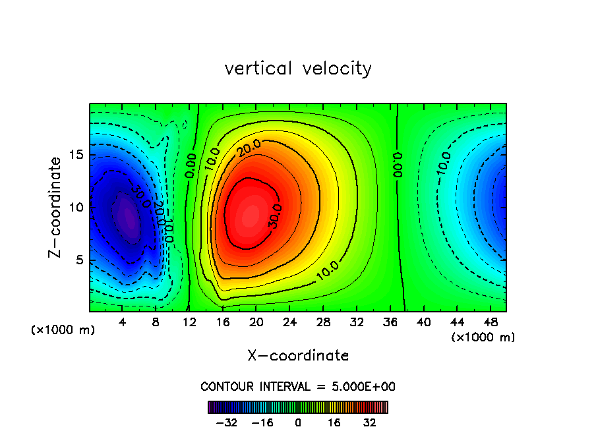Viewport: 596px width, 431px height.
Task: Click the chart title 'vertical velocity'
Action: click(x=298, y=69)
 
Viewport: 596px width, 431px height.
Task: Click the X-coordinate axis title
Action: click(x=298, y=356)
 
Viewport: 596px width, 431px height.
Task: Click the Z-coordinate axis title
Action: click(x=57, y=207)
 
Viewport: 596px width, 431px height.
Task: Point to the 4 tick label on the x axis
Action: click(x=123, y=322)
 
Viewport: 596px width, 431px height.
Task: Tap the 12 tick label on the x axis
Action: click(x=189, y=322)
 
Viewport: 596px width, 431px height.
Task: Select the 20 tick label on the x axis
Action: click(x=256, y=322)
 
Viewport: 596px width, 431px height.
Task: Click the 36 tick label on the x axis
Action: click(x=390, y=322)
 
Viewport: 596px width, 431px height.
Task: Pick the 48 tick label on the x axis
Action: click(x=490, y=322)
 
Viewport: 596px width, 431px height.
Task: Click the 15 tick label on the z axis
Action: click(x=77, y=155)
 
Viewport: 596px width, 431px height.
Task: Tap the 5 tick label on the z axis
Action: click(x=80, y=260)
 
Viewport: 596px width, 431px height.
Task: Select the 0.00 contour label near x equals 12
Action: click(x=190, y=165)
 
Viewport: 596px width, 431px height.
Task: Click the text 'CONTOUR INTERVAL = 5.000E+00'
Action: click(x=298, y=386)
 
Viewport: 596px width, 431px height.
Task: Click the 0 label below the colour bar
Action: click(x=298, y=423)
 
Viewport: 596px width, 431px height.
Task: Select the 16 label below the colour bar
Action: click(x=334, y=423)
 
